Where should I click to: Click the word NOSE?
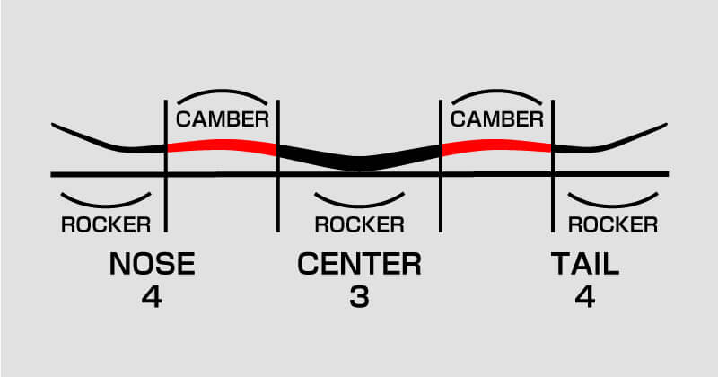[152, 265]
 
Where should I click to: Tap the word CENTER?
[359, 265]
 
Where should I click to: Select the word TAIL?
[585, 265]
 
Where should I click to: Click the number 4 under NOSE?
[152, 297]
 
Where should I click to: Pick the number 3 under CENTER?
[359, 297]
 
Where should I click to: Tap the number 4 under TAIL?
[585, 297]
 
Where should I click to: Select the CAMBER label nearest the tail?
[496, 119]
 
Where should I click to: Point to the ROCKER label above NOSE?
[105, 224]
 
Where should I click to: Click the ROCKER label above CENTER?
[359, 224]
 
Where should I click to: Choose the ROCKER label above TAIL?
[614, 224]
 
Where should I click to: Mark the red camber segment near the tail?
[496, 145]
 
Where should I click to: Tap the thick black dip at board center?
[359, 162]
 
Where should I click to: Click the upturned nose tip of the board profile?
[56, 125]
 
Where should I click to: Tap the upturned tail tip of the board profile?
[662, 125]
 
